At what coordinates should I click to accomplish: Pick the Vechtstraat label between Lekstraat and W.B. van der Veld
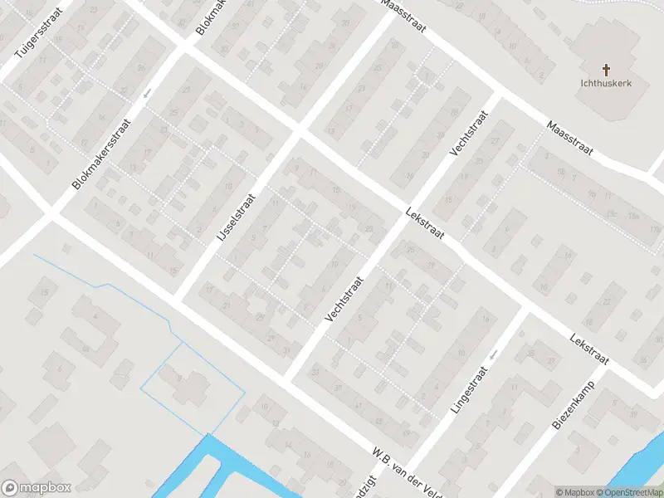click(x=345, y=300)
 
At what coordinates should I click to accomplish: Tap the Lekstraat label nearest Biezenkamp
click(x=590, y=352)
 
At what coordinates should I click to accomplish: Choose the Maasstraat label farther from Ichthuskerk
click(x=403, y=16)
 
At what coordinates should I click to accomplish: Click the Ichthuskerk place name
click(x=606, y=83)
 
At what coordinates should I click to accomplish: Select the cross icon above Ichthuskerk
click(x=606, y=70)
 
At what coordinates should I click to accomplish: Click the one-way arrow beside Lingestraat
click(x=493, y=354)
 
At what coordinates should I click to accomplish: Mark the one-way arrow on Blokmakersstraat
click(x=148, y=93)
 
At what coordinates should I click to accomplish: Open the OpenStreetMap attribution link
click(x=630, y=492)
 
